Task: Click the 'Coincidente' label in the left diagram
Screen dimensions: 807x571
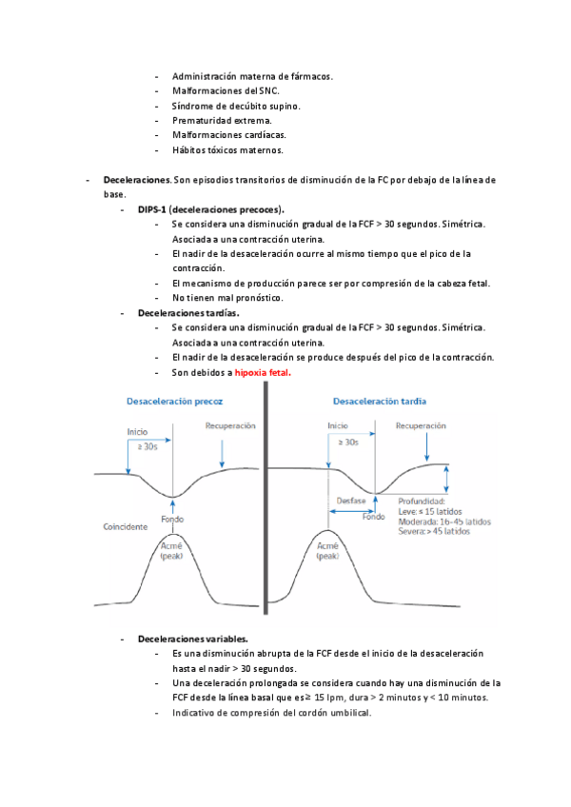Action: pyautogui.click(x=126, y=526)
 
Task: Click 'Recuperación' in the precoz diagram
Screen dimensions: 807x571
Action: pyautogui.click(x=230, y=426)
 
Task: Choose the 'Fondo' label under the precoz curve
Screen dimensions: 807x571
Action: pyautogui.click(x=172, y=520)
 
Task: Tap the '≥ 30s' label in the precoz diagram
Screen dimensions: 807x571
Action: pyautogui.click(x=148, y=446)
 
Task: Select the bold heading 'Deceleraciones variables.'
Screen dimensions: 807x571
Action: pyautogui.click(x=193, y=639)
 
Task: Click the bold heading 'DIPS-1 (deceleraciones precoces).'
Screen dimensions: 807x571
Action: pyautogui.click(x=210, y=208)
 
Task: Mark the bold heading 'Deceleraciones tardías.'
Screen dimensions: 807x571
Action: pyautogui.click(x=188, y=312)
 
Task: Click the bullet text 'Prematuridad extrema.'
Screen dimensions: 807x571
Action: pyautogui.click(x=222, y=121)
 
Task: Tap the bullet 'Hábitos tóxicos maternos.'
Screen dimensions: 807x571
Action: pyautogui.click(x=227, y=150)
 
